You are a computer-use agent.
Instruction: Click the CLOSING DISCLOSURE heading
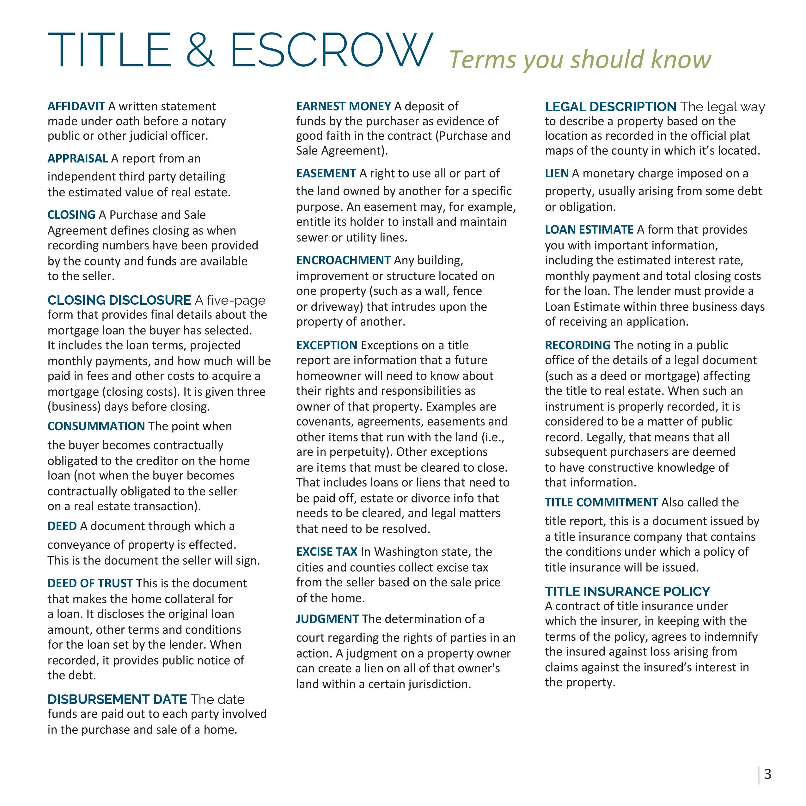click(119, 300)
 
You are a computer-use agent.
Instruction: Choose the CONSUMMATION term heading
click(96, 426)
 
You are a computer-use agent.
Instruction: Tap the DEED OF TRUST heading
click(90, 583)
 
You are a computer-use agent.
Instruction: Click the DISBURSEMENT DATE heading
click(117, 699)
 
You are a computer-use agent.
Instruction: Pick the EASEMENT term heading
click(326, 173)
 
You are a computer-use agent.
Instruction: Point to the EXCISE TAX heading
click(327, 552)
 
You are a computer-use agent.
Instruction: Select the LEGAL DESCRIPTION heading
click(610, 107)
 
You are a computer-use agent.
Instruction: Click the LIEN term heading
click(557, 173)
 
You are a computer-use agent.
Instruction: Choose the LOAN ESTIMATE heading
click(589, 229)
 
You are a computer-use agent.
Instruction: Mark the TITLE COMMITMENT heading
click(601, 502)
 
